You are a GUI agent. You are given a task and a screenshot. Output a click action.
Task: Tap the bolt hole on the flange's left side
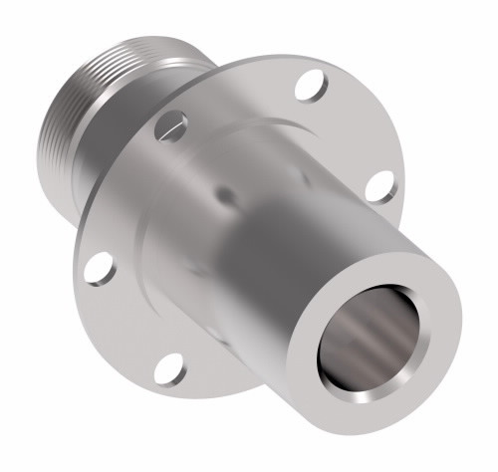coord(97,267)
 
